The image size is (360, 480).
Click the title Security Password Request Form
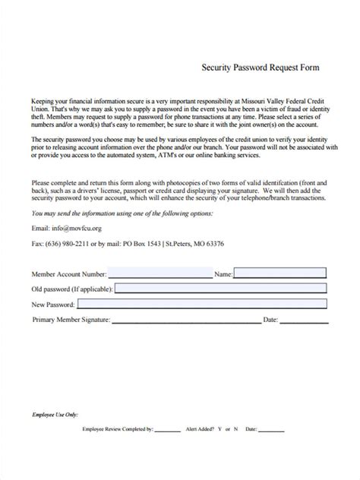tap(260, 67)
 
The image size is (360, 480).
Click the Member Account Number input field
tap(159, 272)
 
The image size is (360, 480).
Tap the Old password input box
tap(220, 289)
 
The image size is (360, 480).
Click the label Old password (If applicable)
tap(73, 289)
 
